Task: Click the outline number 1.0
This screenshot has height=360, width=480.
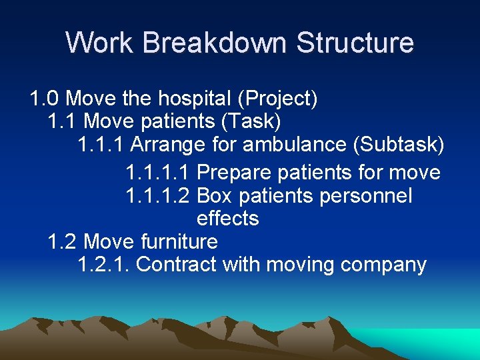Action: (x=45, y=99)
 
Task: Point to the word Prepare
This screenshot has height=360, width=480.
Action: (x=233, y=173)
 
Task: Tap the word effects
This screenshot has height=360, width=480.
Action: (x=227, y=219)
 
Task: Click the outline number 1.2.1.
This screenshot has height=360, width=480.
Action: (x=103, y=265)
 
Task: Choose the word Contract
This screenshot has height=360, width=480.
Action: (x=176, y=265)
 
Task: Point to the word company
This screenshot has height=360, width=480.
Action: (x=383, y=265)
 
